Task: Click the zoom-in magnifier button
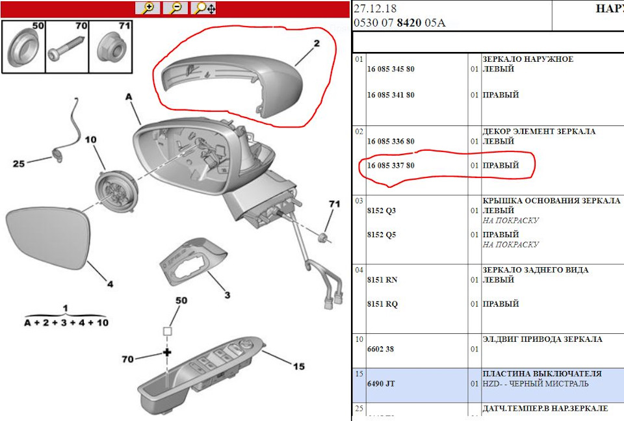(148, 8)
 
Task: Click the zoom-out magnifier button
(175, 8)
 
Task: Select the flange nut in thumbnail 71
(111, 47)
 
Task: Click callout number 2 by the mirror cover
(317, 43)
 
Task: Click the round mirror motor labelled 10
(116, 191)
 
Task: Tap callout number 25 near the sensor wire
(19, 164)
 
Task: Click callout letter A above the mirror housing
(129, 97)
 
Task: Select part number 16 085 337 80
(391, 166)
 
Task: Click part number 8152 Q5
(382, 235)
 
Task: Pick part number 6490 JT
(381, 384)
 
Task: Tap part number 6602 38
(380, 349)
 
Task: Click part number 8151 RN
(382, 280)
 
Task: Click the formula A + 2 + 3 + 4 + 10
(66, 323)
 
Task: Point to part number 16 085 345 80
(391, 70)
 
